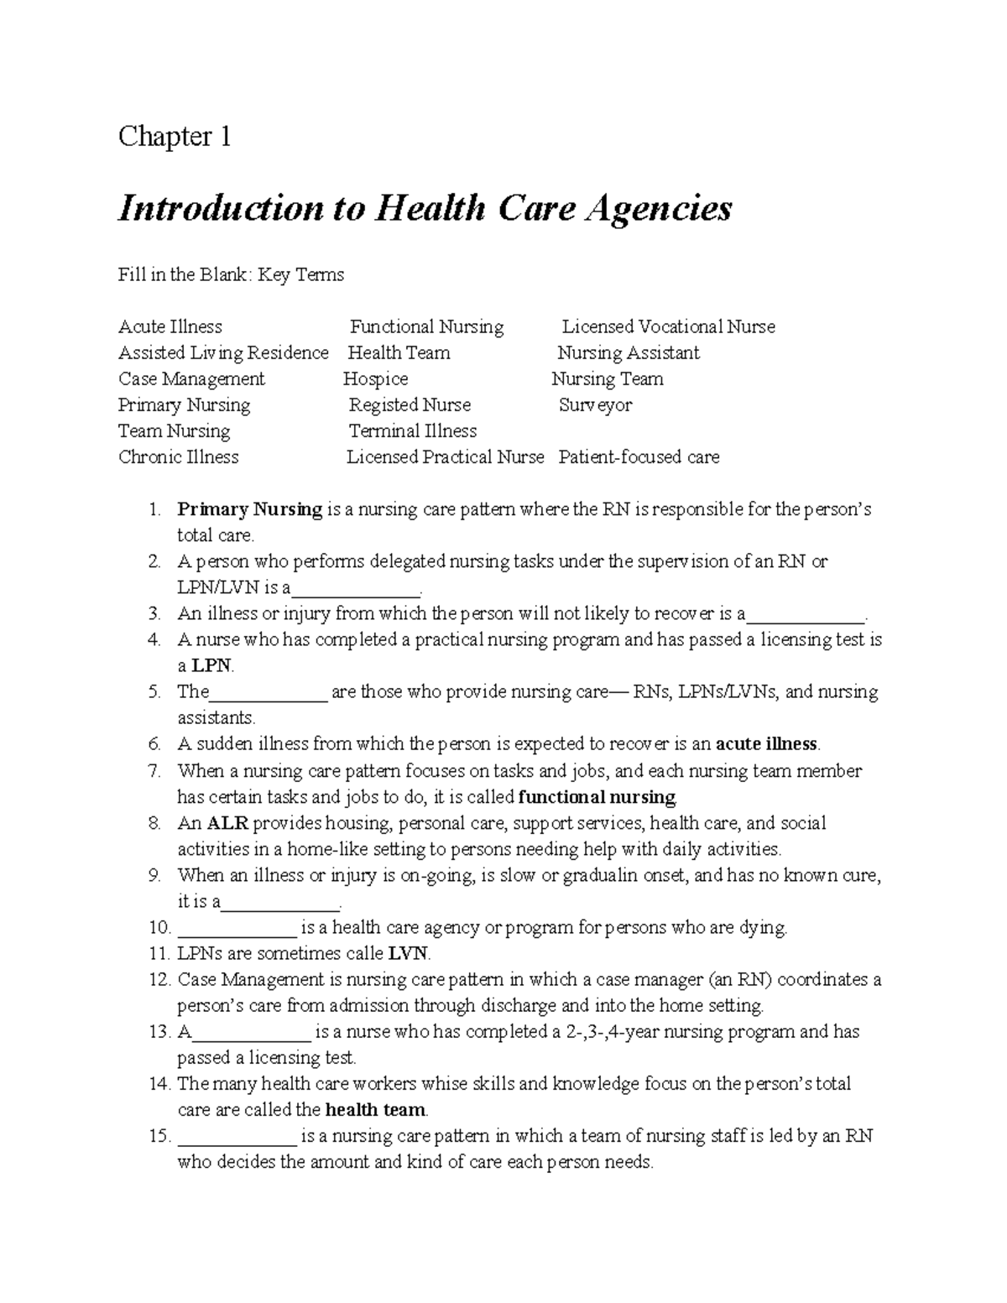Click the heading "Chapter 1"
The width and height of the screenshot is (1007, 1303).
coord(175,136)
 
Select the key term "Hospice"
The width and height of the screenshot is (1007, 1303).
coord(375,379)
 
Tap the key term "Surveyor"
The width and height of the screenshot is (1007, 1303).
coord(595,405)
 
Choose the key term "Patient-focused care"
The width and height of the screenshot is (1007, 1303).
coord(639,457)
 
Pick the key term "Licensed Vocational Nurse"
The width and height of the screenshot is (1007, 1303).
coord(668,326)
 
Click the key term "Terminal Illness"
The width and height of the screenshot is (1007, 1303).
coord(412,431)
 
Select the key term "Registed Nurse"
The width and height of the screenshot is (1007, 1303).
coord(410,405)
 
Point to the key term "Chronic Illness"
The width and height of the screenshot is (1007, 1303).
coord(178,457)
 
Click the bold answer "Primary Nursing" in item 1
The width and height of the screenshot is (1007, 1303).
coord(249,509)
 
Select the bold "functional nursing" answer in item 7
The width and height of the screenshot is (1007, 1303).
coord(597,796)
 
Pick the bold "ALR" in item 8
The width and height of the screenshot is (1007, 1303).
coord(227,823)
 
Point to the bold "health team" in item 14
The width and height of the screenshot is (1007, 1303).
coord(375,1110)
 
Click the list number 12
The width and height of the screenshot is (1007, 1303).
coord(159,980)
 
